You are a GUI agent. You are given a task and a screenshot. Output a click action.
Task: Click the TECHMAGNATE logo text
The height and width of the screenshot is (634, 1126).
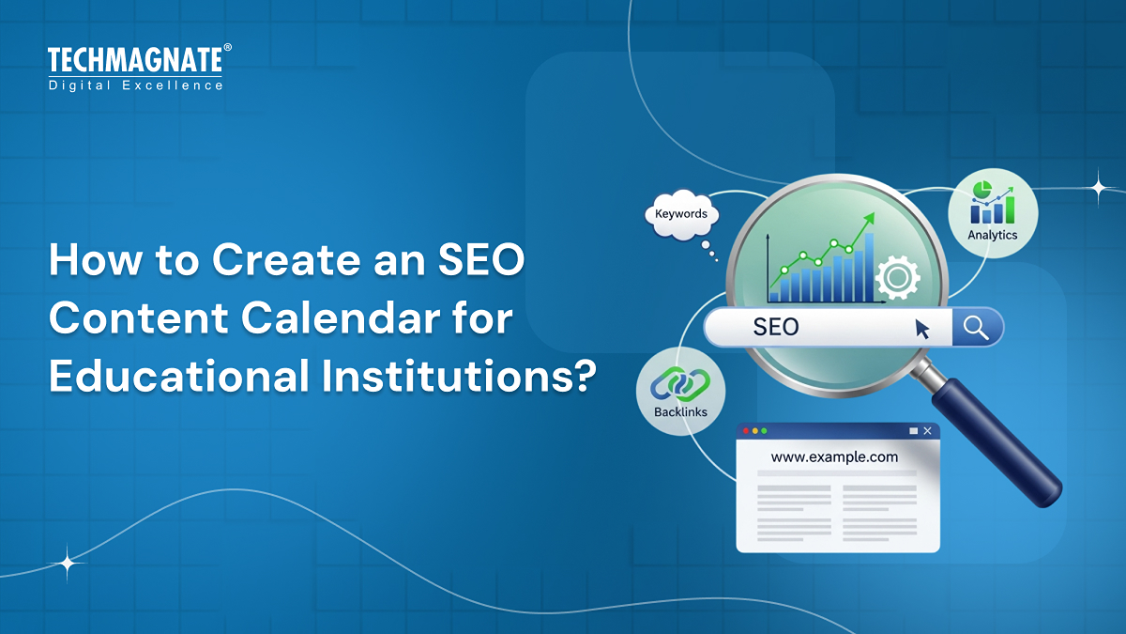click(x=135, y=61)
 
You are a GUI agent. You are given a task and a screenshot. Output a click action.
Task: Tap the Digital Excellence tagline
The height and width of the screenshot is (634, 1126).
click(x=135, y=85)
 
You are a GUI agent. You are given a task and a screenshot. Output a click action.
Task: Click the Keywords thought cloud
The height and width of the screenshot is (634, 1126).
click(x=681, y=215)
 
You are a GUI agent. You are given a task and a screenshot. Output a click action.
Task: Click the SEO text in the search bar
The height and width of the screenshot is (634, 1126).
click(x=776, y=327)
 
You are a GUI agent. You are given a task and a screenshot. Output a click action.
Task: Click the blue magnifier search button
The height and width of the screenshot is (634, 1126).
click(x=977, y=328)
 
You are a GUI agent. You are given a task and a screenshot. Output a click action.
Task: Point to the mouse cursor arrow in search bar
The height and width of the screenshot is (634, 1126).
click(x=922, y=329)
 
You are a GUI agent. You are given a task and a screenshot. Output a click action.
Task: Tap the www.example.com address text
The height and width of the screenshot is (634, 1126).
click(x=834, y=457)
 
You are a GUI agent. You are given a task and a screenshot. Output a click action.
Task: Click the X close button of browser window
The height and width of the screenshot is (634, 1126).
click(x=928, y=431)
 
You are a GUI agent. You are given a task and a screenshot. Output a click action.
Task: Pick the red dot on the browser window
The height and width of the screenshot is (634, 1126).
click(x=746, y=431)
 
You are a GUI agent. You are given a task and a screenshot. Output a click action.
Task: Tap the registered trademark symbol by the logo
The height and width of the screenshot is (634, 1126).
click(x=227, y=48)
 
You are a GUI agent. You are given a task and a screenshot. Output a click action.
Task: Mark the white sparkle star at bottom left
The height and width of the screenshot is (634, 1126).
click(x=68, y=564)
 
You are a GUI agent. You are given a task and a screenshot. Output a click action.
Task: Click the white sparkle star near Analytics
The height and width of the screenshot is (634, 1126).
click(x=1098, y=187)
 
